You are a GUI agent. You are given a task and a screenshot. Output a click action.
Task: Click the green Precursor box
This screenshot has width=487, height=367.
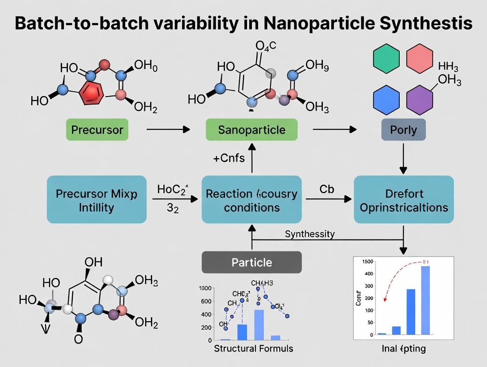[97, 130]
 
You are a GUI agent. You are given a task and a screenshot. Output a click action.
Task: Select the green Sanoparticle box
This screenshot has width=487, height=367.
[251, 130]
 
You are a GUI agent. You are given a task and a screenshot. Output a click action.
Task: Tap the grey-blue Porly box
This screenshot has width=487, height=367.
[403, 130]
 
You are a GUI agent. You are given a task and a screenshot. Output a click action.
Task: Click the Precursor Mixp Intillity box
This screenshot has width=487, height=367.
[96, 199]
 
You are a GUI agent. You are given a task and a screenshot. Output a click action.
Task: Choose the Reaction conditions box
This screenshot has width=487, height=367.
[251, 199]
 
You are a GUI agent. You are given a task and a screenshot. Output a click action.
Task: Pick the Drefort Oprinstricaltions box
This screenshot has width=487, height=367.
[404, 199]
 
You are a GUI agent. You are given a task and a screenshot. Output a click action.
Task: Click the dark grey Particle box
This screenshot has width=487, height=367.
[251, 262]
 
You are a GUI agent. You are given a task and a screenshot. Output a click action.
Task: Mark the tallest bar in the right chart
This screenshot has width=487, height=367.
[425, 300]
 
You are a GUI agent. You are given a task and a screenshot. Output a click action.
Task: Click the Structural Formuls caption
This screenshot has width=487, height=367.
[253, 348]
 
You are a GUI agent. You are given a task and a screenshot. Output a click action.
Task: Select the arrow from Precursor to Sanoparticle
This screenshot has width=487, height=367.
[167, 129]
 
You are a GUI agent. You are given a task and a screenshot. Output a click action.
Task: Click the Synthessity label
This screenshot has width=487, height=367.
[309, 234]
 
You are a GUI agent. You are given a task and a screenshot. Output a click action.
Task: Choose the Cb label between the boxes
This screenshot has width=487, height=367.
[326, 189]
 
